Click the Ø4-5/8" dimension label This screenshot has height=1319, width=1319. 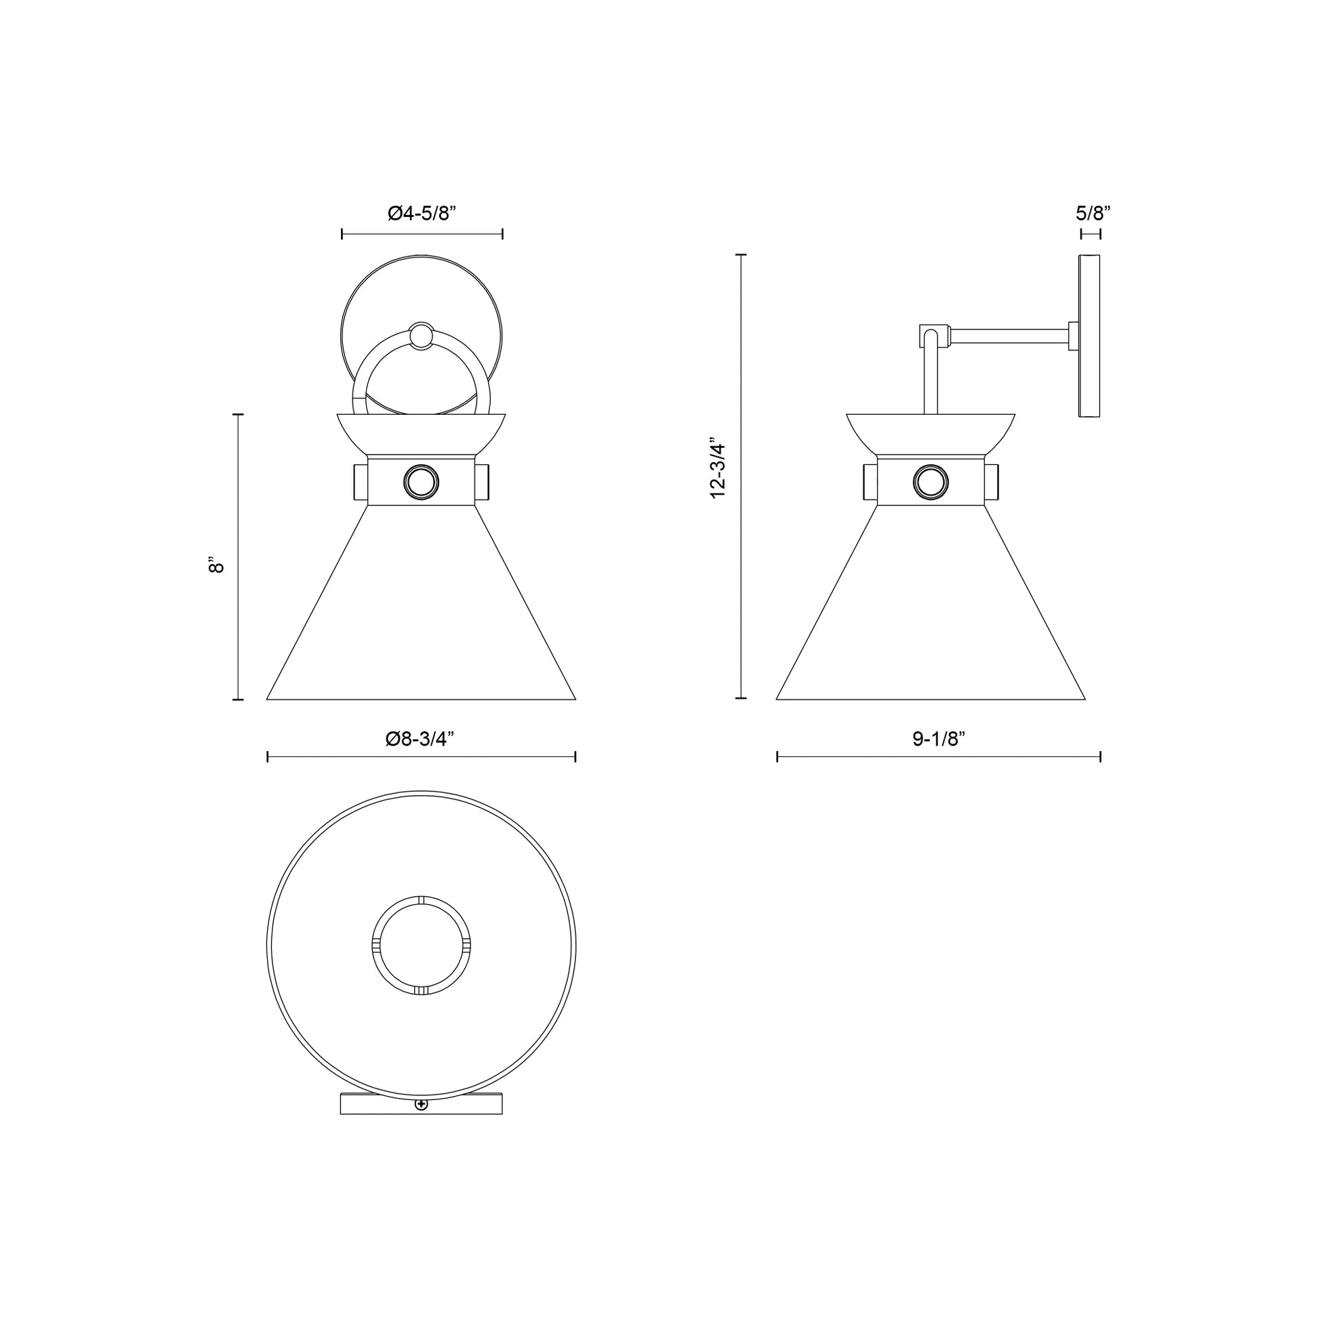tap(421, 214)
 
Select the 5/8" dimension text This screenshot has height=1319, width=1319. tap(1093, 213)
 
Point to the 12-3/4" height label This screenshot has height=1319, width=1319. tap(718, 468)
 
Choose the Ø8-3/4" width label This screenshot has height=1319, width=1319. tap(420, 739)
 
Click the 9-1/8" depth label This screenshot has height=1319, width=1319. tap(939, 739)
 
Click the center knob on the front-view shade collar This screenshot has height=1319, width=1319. tap(420, 483)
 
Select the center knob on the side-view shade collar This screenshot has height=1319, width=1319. tap(931, 483)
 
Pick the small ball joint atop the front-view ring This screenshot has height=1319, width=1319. tap(420, 336)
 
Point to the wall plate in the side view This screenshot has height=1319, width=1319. tap(1089, 336)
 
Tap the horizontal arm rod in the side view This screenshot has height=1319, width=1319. tap(1009, 336)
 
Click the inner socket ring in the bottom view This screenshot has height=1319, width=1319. tap(421, 946)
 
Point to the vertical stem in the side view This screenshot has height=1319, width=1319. tap(931, 382)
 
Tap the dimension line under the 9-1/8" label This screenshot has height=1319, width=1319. tap(939, 756)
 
